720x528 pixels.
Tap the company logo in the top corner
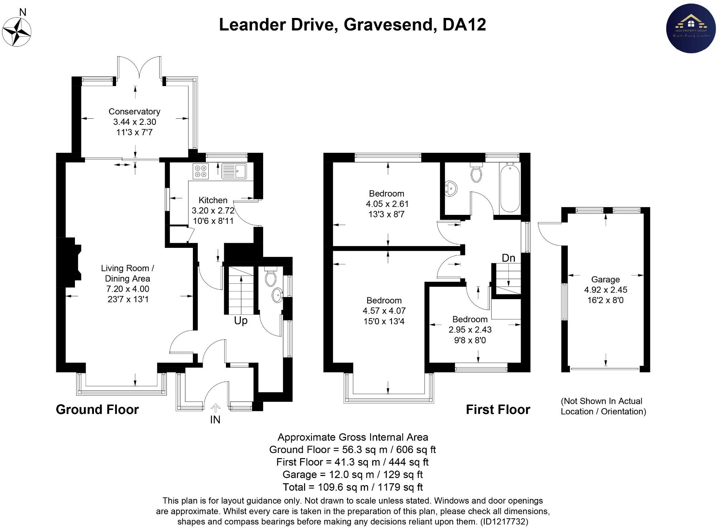(691, 28)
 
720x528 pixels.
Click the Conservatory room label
(134, 112)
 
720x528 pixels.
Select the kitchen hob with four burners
(201, 171)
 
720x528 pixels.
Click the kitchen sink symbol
(234, 171)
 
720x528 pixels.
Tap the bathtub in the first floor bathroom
(510, 188)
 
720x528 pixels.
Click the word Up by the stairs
(241, 321)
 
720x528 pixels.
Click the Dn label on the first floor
(508, 258)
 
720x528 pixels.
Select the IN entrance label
(215, 420)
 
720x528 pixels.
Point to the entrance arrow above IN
(215, 408)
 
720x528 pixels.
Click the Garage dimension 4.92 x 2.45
(605, 290)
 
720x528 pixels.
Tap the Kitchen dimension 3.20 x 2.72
(213, 211)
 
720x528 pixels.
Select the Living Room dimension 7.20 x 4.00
(128, 289)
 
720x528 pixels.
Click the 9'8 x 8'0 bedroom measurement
(470, 340)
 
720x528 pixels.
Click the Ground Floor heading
(97, 410)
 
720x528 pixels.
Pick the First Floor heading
(498, 410)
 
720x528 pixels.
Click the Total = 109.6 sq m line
(352, 487)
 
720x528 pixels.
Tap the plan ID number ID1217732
(504, 521)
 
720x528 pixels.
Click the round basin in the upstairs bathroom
(451, 188)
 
